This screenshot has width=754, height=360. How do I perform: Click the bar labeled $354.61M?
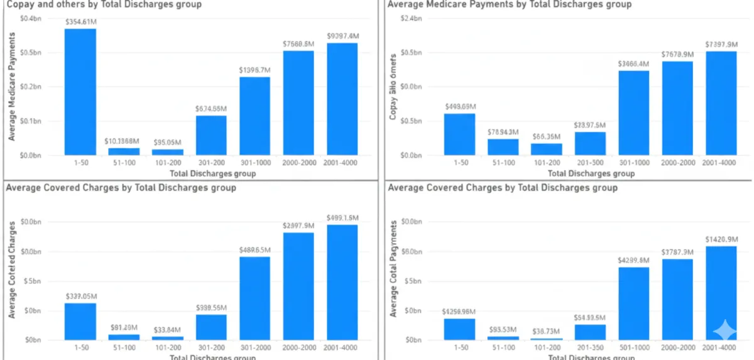80,92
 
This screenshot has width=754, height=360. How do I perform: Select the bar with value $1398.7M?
254,116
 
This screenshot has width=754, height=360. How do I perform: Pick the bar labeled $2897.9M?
298,286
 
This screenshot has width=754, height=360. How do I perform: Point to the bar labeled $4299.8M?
633,303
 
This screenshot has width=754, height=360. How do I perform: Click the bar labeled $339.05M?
80,322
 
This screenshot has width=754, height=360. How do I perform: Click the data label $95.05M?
168,141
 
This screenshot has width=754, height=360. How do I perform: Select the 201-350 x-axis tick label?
589,347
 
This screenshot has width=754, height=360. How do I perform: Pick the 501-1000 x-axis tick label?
633,347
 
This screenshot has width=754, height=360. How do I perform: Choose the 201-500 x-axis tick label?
589,162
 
